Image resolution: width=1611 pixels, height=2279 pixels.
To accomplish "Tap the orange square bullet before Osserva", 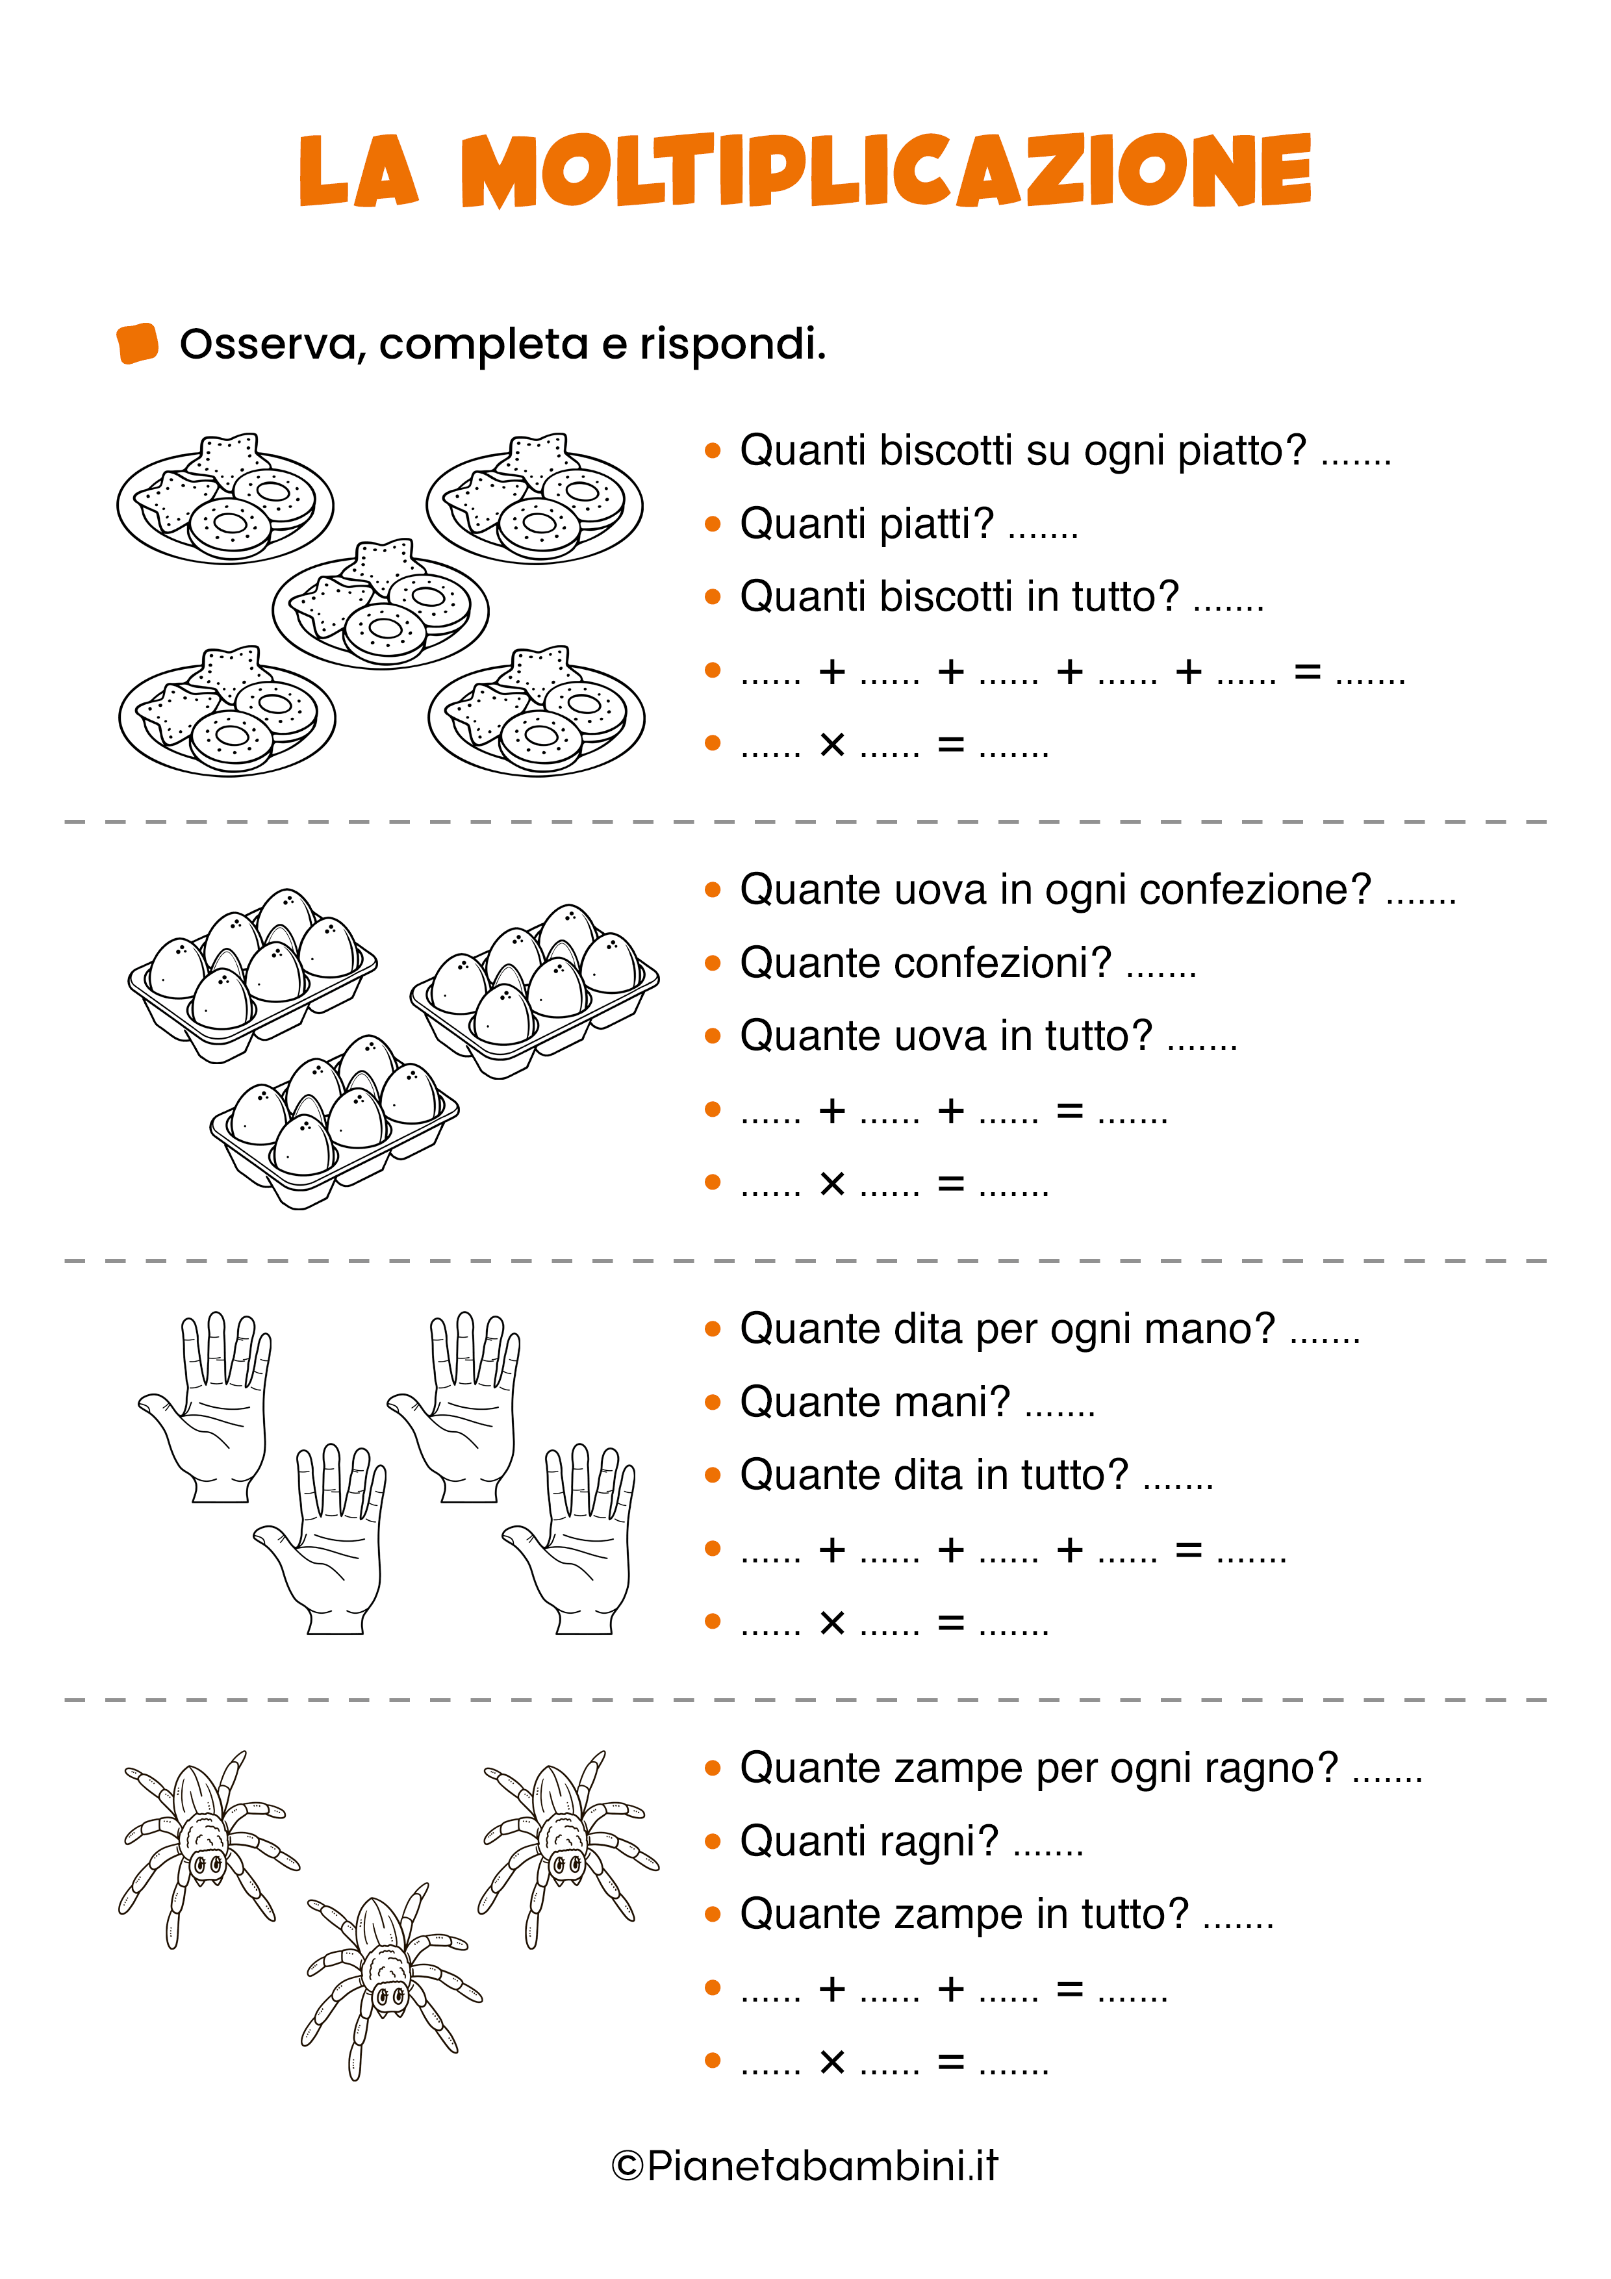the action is click(x=138, y=344).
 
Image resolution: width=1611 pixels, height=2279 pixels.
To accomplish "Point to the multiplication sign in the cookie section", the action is click(x=831, y=745).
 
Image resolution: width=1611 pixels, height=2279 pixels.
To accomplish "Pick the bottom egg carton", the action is click(x=335, y=1121).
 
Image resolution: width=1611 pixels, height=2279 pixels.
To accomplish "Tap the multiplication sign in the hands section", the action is click(x=831, y=1623).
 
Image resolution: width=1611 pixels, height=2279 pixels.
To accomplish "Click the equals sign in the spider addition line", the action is click(x=1069, y=1989).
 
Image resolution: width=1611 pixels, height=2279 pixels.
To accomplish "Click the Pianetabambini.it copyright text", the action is click(x=805, y=2166).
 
